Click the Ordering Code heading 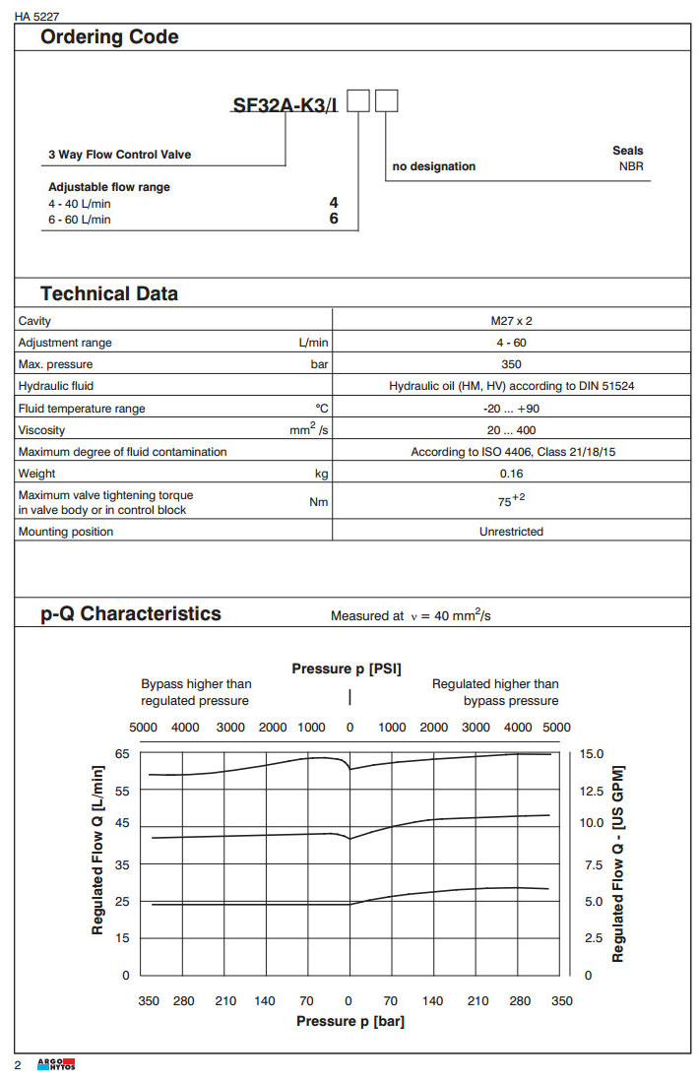coord(109,37)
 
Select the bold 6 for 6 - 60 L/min coord(334,219)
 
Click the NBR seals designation coord(630,166)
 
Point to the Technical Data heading coord(109,293)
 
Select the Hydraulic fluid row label coord(56,386)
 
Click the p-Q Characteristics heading coord(131,613)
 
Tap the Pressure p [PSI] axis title coord(347,669)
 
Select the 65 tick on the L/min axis coord(122,753)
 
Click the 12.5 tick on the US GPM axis coord(593,791)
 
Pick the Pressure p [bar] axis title coord(350,1021)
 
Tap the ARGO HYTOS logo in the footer coord(56,1065)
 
